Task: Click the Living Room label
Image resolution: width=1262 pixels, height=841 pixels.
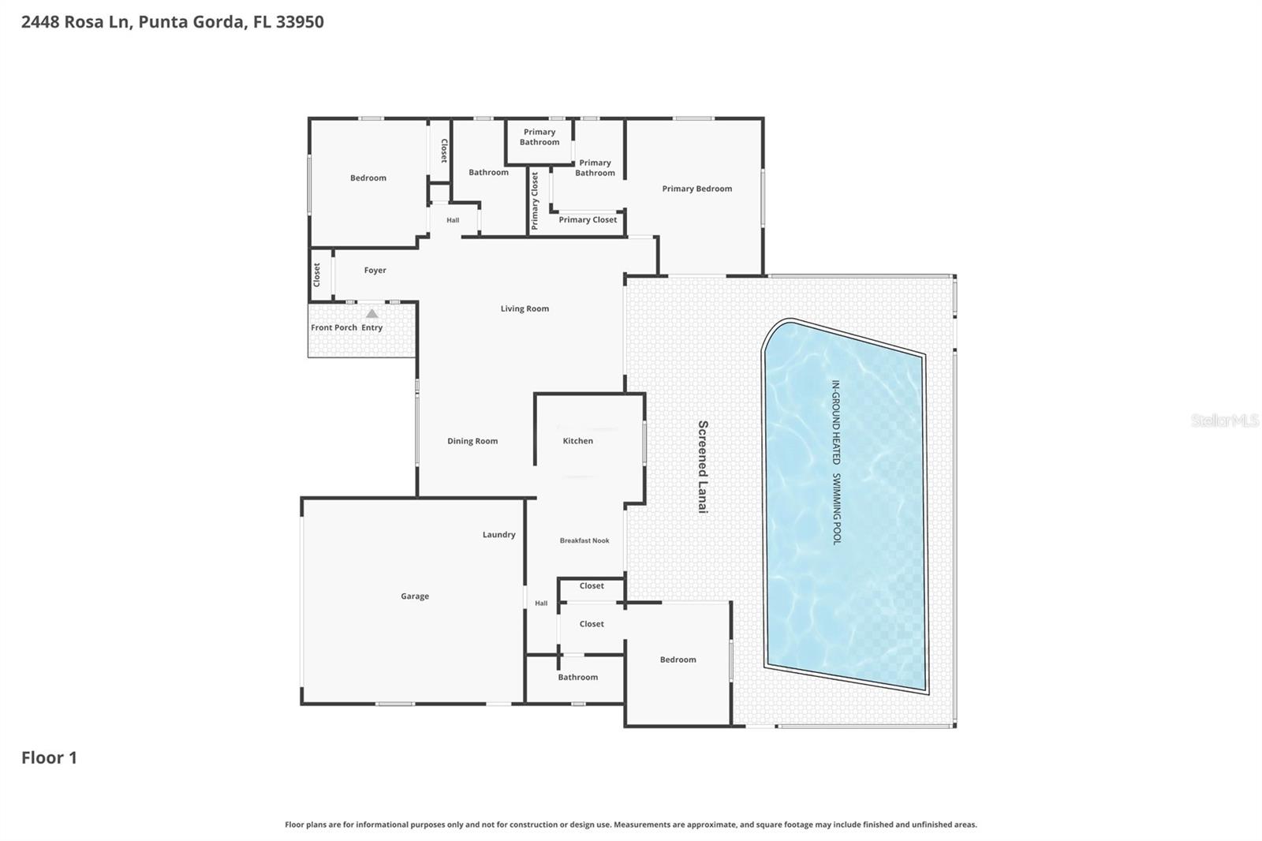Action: (525, 308)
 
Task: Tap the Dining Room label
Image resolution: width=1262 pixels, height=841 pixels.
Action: (472, 441)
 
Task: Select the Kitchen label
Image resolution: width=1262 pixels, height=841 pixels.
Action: (577, 441)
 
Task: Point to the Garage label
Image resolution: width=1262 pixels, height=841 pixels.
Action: (415, 596)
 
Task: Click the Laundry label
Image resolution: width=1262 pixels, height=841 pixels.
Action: (498, 535)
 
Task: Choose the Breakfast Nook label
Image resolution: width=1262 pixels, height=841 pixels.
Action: (584, 540)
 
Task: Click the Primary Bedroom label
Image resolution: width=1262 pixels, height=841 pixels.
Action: (696, 189)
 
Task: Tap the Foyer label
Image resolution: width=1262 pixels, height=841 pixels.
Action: (375, 270)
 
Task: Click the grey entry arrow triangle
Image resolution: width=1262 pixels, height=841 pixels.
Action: (372, 314)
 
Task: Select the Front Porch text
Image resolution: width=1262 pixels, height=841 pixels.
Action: (334, 327)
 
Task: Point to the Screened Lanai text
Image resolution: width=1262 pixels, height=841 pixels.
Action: (703, 467)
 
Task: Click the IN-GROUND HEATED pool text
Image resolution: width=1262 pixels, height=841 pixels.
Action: (836, 422)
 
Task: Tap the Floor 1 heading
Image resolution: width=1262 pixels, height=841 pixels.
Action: (49, 757)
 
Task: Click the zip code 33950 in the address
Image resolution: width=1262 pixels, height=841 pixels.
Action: (300, 22)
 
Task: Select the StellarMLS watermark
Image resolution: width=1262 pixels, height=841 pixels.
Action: (1224, 420)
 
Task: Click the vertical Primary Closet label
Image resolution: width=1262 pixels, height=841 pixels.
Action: (535, 200)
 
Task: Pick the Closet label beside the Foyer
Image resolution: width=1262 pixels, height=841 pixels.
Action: (317, 275)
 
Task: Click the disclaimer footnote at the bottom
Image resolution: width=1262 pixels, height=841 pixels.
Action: (630, 824)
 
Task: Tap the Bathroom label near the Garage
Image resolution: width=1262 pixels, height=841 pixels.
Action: (577, 677)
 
